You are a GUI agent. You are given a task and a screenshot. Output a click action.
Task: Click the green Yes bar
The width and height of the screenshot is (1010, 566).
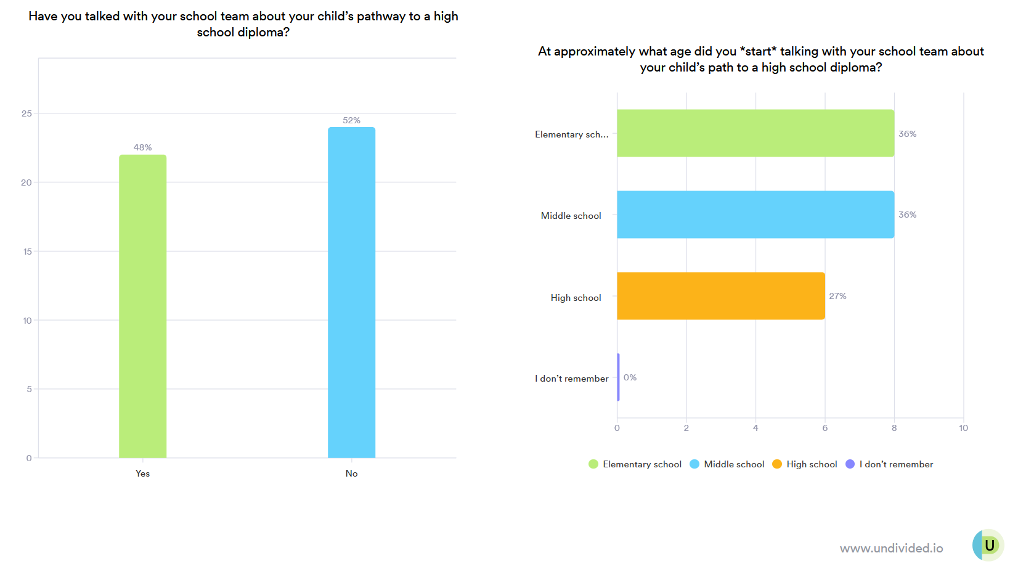[142, 306]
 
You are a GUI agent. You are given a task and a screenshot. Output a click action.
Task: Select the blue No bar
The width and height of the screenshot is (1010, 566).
[351, 293]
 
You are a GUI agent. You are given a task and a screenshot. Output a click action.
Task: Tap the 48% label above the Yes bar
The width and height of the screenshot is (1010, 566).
[142, 147]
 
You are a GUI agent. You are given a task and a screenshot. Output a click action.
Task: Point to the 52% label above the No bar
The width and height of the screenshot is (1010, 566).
[351, 120]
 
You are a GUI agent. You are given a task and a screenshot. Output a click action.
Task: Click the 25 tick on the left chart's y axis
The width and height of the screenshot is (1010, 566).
[26, 113]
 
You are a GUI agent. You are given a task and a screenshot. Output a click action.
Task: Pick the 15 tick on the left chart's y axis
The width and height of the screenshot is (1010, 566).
[27, 252]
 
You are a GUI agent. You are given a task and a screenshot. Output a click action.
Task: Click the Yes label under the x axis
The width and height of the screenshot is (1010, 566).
[142, 474]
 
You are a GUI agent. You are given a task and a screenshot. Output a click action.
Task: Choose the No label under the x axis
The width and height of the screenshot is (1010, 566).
[351, 474]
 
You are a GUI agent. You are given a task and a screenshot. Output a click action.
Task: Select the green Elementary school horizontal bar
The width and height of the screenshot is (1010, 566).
[755, 133]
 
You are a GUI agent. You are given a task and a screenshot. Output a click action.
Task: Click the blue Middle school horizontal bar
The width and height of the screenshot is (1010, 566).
[755, 215]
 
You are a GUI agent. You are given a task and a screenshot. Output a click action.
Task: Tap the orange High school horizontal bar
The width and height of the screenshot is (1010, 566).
[720, 296]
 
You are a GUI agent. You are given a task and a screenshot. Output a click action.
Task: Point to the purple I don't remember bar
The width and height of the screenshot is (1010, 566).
[618, 377]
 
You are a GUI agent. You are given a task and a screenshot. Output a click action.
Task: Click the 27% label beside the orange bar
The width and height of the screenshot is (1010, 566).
[837, 296]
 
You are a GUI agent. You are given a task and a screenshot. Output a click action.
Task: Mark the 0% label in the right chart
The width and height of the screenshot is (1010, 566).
[630, 377]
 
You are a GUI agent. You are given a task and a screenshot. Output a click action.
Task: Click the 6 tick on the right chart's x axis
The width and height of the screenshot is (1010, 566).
[825, 428]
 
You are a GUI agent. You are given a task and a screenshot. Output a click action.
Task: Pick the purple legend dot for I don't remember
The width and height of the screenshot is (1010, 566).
[850, 464]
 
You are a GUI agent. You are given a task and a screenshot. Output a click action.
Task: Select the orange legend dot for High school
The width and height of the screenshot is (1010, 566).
[777, 464]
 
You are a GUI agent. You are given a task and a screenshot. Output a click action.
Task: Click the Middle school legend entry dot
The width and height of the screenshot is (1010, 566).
[694, 464]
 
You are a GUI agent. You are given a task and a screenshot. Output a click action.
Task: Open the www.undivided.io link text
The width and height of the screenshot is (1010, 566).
[891, 548]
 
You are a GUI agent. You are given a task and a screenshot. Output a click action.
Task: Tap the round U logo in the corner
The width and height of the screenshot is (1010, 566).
[988, 545]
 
